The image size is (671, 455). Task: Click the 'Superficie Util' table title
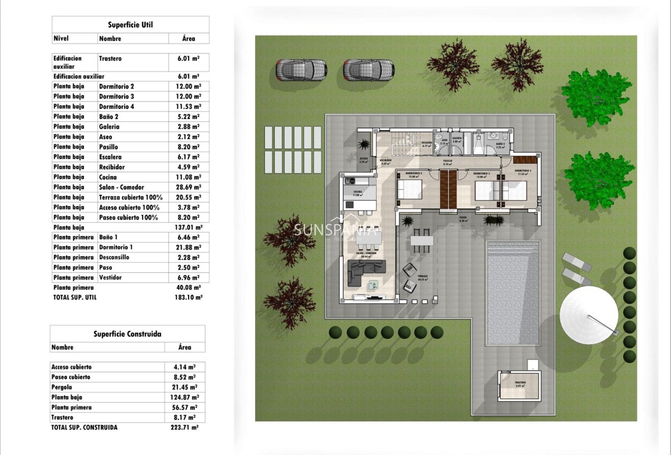[130, 24]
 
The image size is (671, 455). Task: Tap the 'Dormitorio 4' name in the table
[116, 107]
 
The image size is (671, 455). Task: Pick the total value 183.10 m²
[188, 297]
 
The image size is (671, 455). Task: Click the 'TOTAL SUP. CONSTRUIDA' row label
[84, 428]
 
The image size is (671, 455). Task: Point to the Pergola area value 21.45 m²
[185, 387]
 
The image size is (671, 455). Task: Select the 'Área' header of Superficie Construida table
[185, 347]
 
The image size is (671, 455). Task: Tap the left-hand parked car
[301, 70]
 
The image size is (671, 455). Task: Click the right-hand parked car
[369, 70]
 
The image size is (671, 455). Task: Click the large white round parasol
[589, 315]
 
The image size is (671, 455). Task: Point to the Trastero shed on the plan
[519, 387]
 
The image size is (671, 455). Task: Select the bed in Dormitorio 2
[410, 190]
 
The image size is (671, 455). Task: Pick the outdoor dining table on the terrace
[422, 240]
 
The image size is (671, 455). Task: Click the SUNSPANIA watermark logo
[336, 230]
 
